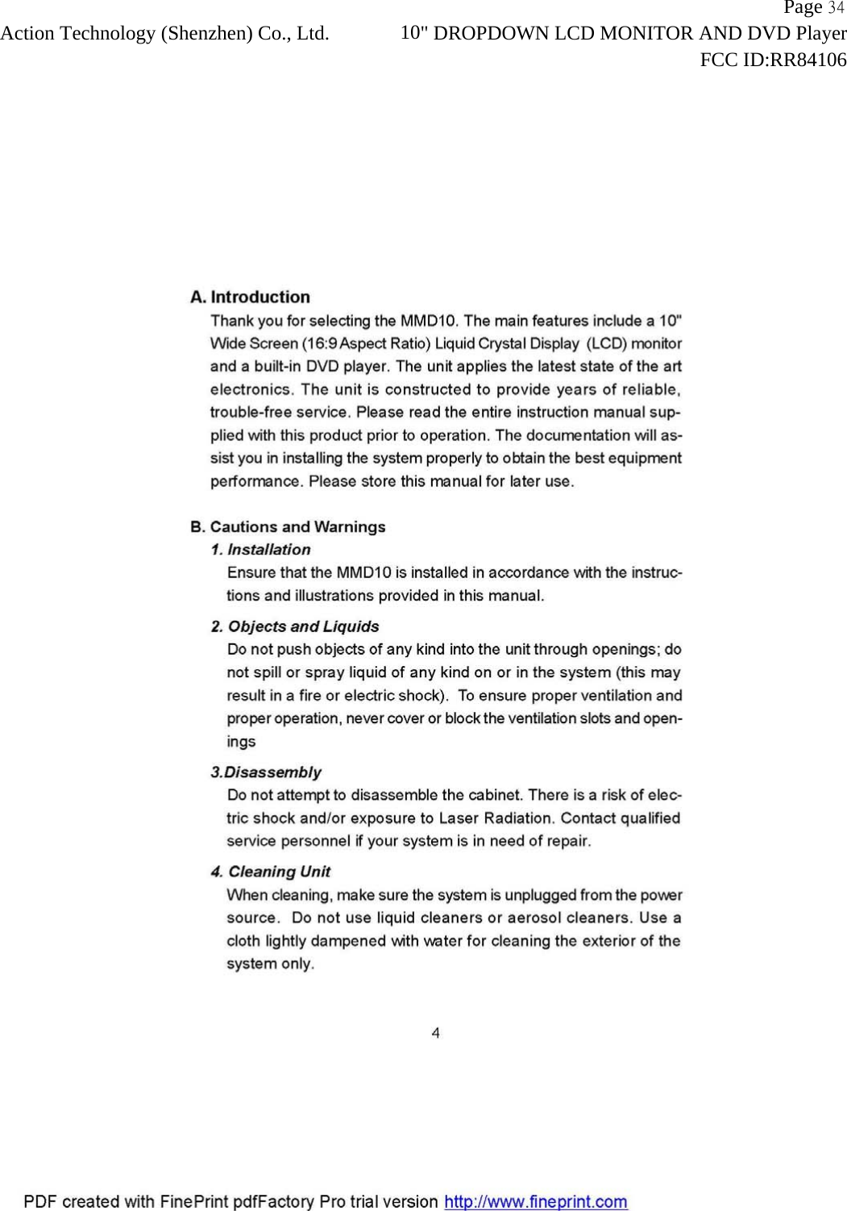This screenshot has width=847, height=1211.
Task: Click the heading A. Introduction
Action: tap(250, 298)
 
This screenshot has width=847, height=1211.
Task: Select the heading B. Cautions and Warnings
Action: tap(288, 527)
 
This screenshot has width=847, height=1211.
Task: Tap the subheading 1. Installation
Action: tap(260, 550)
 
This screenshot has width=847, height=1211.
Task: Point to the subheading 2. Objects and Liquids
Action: tap(295, 626)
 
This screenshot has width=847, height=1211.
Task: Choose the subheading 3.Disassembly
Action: tap(266, 772)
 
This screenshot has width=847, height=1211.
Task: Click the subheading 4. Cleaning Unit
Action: tap(270, 872)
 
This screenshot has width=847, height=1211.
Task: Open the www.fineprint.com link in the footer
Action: tap(536, 1202)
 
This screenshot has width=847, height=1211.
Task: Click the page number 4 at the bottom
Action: tap(435, 1033)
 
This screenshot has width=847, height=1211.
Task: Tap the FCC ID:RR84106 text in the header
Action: tap(773, 60)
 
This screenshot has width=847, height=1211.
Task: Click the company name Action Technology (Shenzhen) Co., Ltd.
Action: tap(164, 34)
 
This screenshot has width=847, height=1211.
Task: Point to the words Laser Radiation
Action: tap(496, 818)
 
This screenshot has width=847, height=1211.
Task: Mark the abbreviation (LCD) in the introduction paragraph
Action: tap(606, 344)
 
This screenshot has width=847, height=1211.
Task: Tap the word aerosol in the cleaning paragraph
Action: tap(534, 918)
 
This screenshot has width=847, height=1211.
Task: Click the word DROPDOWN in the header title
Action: tap(496, 34)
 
